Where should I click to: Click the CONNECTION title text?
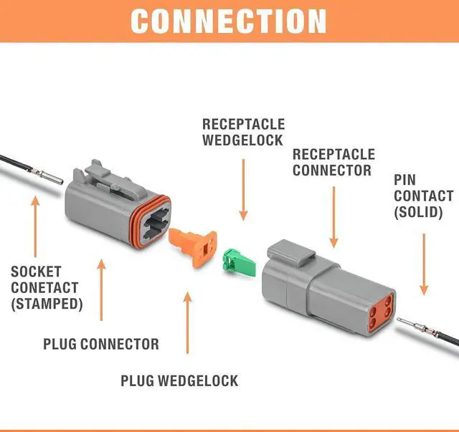(x=228, y=21)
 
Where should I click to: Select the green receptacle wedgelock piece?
(x=240, y=262)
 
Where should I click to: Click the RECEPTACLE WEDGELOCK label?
(x=243, y=133)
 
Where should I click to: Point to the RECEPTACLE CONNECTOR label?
(x=333, y=163)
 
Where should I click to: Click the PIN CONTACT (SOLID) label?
(x=423, y=196)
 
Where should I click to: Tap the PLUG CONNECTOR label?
(x=101, y=344)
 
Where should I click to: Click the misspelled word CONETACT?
(x=44, y=287)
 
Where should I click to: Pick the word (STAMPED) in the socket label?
(x=47, y=304)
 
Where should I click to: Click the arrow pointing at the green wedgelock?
(x=243, y=190)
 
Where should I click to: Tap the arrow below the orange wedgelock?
(x=188, y=322)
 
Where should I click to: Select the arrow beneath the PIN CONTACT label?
(x=424, y=264)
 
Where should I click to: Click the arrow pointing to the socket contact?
(x=35, y=226)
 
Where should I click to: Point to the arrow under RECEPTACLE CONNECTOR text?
(x=333, y=217)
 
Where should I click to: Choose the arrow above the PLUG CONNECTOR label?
(x=102, y=290)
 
